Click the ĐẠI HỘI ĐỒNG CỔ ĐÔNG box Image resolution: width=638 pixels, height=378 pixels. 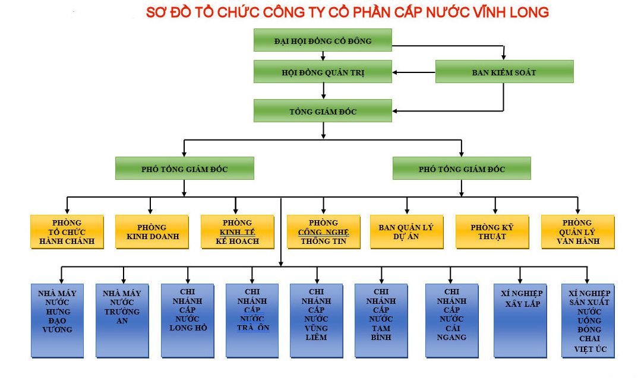pos(323,40)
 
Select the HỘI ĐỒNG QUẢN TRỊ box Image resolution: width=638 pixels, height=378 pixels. pos(323,72)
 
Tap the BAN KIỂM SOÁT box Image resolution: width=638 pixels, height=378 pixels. pos(504,72)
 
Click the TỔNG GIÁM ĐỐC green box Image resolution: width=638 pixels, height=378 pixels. pos(323,111)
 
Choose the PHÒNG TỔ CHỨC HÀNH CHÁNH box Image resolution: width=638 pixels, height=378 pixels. pos(67,231)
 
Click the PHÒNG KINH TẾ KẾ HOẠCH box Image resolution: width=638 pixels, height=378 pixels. pos(238,231)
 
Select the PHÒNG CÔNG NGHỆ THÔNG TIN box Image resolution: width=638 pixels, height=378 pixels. pos(324,231)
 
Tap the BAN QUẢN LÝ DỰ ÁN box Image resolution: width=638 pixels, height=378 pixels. pos(407,231)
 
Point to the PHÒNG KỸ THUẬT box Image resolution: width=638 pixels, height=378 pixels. pos(492,231)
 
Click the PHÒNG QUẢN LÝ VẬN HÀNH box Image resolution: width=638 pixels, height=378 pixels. pos(577,231)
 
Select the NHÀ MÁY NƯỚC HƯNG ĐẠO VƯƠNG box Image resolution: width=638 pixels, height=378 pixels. pos(57,320)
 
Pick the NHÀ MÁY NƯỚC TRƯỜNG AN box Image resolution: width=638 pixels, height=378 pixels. pos(121,320)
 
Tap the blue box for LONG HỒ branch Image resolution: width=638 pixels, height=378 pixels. pos(187,320)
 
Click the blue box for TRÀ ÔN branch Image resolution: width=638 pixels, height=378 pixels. pos(252,320)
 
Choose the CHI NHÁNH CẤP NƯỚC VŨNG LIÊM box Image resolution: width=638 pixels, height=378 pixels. pos(316,320)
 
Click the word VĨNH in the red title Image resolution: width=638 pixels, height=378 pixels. pos(482,12)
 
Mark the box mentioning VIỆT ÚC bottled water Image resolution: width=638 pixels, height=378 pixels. pos(588,320)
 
